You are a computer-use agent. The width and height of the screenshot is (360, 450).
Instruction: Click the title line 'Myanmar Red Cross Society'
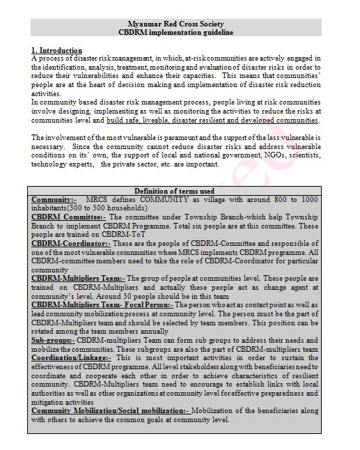tap(180, 23)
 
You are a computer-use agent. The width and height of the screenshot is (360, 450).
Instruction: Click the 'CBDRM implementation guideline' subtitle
tap(180, 32)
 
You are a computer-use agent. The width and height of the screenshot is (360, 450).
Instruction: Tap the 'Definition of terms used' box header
tap(179, 192)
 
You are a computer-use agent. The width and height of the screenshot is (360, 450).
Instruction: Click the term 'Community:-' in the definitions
tap(56, 200)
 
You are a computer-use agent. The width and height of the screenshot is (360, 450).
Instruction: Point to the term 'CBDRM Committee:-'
tap(68, 217)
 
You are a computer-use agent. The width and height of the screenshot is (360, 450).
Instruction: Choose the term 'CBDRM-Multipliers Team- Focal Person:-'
tap(102, 305)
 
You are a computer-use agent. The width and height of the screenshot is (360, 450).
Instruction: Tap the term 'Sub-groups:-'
tap(54, 341)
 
